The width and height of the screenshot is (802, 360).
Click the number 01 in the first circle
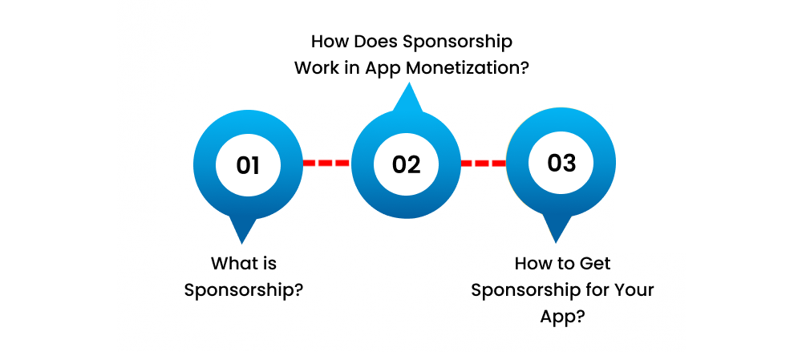click(x=248, y=165)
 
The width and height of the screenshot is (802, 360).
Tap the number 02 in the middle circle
click(x=406, y=165)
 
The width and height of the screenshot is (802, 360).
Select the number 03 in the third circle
click(x=561, y=163)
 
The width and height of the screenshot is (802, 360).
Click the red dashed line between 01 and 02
click(x=326, y=163)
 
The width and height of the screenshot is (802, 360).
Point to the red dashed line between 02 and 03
click(x=483, y=163)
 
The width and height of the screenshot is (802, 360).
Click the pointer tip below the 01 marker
click(x=242, y=240)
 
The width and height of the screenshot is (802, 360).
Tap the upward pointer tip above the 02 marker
click(x=408, y=87)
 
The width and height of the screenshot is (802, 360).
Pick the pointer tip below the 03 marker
click(x=557, y=238)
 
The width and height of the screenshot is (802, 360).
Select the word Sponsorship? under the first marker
click(x=244, y=289)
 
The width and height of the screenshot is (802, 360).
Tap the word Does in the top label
click(x=372, y=41)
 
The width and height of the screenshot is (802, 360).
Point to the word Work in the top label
click(x=317, y=67)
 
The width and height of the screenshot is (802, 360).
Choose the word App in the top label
click(x=383, y=67)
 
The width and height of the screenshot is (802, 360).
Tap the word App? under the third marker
click(x=562, y=316)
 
